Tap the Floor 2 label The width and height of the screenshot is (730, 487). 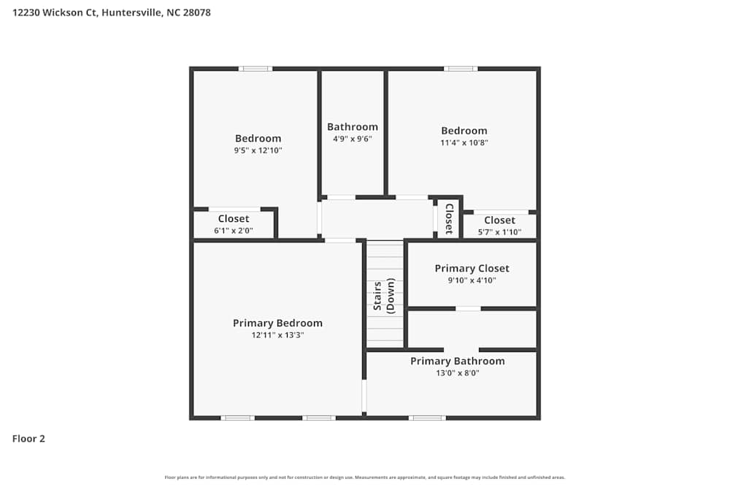point(28,439)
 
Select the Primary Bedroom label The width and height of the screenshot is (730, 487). point(277,323)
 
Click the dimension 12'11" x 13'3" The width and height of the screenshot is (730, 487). point(277,335)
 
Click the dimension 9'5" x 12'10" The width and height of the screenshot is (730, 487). point(258,150)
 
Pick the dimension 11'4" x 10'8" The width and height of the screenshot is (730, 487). point(464,143)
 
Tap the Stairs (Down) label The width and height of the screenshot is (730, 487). point(384,295)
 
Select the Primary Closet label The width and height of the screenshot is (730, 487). point(472,268)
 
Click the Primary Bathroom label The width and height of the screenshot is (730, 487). point(457,361)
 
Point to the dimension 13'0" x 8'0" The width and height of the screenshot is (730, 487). point(457,373)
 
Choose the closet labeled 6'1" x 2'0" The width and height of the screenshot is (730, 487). point(234,224)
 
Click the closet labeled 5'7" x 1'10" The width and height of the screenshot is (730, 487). point(499,226)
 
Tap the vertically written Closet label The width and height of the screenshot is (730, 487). point(449,218)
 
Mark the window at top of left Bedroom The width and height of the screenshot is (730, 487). point(255,69)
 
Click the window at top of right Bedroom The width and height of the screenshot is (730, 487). point(461,69)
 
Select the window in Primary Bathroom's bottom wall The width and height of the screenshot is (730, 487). point(427,418)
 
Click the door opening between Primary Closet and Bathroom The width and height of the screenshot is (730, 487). point(468,308)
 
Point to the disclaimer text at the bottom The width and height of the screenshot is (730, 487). point(365,477)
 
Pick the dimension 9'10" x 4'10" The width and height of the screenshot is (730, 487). point(472,280)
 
